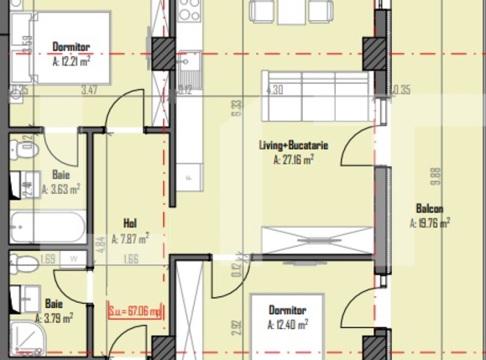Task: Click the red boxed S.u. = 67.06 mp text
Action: (135, 312)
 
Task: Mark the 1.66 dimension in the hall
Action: (130, 260)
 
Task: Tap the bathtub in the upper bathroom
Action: (48, 226)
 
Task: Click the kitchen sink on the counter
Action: (190, 62)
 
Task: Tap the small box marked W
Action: (75, 259)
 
